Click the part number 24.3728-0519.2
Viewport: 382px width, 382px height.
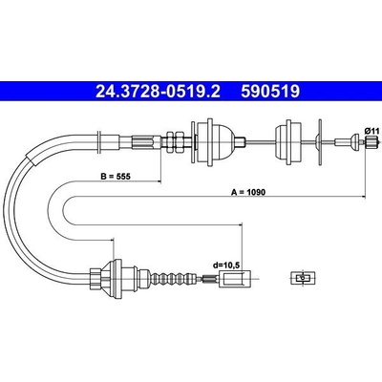click(158, 92)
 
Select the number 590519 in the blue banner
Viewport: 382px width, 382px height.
click(270, 92)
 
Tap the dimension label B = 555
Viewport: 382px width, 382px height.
click(116, 177)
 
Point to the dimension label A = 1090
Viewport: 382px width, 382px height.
click(248, 192)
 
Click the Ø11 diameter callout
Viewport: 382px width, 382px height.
click(371, 131)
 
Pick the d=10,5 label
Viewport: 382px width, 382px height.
click(226, 265)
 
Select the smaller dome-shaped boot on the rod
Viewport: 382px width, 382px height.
click(287, 142)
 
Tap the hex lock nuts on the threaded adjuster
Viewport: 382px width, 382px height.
click(176, 142)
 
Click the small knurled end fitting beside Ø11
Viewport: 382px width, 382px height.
click(371, 141)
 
